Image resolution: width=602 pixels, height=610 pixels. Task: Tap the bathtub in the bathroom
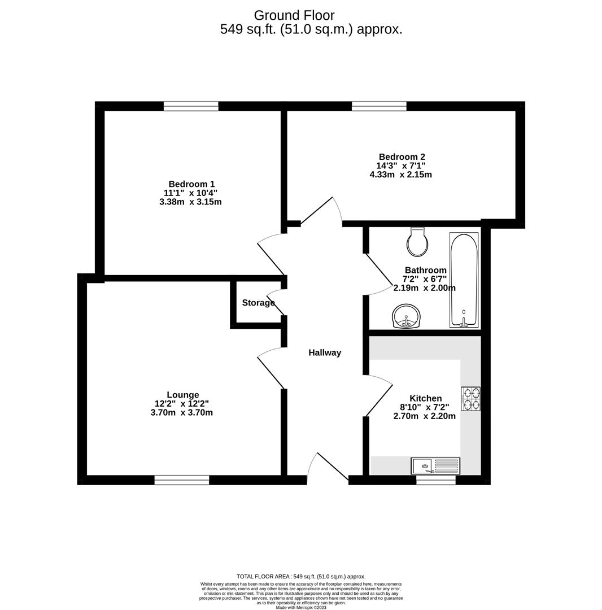(x=464, y=280)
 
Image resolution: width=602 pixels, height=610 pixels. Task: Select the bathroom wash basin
(x=406, y=316)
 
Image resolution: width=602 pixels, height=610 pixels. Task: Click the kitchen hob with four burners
(x=471, y=398)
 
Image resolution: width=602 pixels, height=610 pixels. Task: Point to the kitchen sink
(x=435, y=466)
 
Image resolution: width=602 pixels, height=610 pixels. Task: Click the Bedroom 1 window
(x=191, y=106)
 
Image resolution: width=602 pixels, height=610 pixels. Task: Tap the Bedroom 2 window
(x=378, y=106)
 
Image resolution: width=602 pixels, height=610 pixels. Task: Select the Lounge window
(x=181, y=480)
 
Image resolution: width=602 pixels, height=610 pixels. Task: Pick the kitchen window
(x=435, y=480)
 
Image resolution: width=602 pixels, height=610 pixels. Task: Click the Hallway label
(x=325, y=352)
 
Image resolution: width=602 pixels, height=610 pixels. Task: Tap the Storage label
(x=258, y=303)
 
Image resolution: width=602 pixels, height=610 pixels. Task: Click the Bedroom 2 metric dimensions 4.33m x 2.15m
(x=400, y=175)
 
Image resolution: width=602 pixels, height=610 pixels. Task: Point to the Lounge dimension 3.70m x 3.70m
(x=181, y=413)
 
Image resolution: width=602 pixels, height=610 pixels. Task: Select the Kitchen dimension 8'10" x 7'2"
(x=425, y=407)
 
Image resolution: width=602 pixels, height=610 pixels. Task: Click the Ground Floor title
(x=294, y=15)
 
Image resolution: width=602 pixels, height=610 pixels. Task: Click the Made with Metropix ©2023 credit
(x=301, y=607)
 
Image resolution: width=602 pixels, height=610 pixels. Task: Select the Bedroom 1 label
(x=191, y=184)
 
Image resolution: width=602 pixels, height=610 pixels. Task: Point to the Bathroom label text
(x=425, y=270)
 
